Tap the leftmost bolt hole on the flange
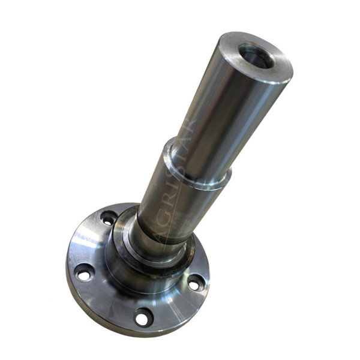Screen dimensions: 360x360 click(x=85, y=274)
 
